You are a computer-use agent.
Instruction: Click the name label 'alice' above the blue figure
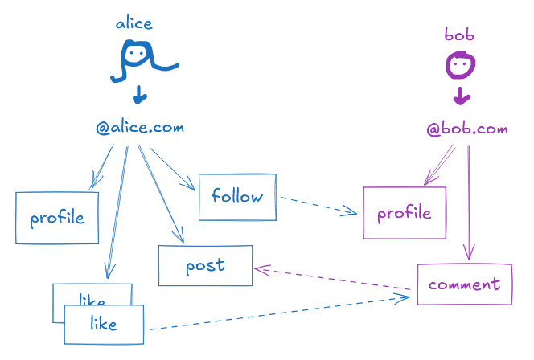pyautogui.click(x=133, y=22)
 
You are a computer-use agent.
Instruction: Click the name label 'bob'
pyautogui.click(x=459, y=35)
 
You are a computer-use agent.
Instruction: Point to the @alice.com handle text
pyautogui.click(x=140, y=127)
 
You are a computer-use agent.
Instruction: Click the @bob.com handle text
pyautogui.click(x=467, y=129)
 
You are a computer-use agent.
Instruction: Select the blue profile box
pyautogui.click(x=57, y=218)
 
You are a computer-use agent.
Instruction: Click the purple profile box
pyautogui.click(x=404, y=213)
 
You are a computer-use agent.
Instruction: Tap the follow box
pyautogui.click(x=237, y=196)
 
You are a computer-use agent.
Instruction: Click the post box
pyautogui.click(x=205, y=265)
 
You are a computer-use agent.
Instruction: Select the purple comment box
pyautogui.click(x=464, y=284)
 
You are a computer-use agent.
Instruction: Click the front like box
pyautogui.click(x=104, y=324)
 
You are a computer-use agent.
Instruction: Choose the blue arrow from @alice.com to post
pyautogui.click(x=162, y=194)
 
